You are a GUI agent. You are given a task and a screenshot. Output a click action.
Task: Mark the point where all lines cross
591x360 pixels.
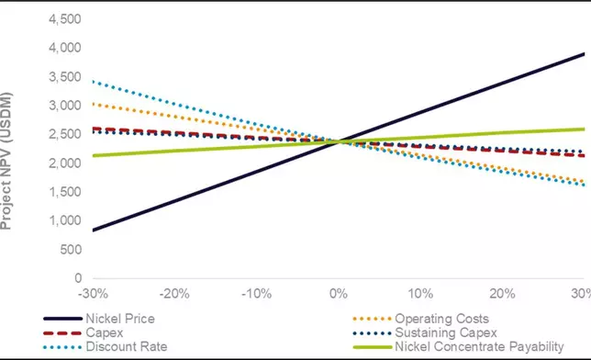tap(339, 141)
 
